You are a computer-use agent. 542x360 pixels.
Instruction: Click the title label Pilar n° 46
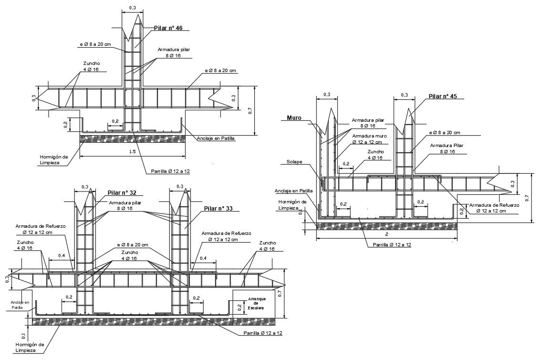(168, 28)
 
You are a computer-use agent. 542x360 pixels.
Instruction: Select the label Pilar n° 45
(443, 96)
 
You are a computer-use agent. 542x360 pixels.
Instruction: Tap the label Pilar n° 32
(122, 193)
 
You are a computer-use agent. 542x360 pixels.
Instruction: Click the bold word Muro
(294, 117)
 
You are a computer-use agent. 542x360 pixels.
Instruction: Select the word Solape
(294, 161)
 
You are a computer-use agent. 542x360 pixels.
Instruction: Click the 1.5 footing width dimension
(132, 152)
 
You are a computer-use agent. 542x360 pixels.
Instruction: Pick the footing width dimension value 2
(386, 235)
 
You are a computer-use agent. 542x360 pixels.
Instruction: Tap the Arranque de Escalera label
(255, 303)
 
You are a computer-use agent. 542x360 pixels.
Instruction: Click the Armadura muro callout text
(369, 139)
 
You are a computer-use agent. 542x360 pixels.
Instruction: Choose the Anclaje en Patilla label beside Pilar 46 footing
(216, 138)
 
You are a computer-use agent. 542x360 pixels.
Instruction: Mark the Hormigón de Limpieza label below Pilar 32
(30, 347)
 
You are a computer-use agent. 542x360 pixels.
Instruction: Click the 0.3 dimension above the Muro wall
(326, 95)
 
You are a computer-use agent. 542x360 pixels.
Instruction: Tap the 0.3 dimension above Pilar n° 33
(180, 187)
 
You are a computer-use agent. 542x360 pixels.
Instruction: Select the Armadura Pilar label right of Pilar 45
(446, 148)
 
